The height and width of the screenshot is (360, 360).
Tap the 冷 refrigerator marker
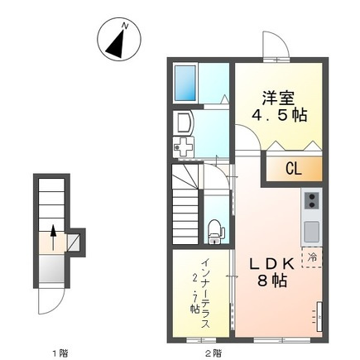[312, 257]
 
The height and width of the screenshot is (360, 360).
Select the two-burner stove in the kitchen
[312, 201]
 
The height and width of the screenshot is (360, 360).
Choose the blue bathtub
[185, 82]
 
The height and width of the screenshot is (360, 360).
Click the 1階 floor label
[59, 353]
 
